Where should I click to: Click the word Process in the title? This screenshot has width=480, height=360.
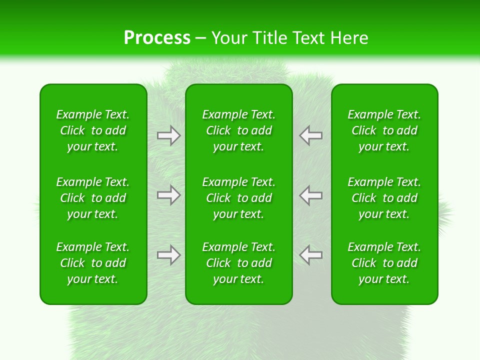coord(157,38)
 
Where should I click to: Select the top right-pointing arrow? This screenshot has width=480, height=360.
coord(168,135)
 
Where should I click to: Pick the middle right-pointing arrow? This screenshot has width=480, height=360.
coord(168,195)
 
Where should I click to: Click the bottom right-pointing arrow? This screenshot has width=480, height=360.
coord(168,255)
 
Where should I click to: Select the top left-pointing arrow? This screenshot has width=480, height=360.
coord(311,135)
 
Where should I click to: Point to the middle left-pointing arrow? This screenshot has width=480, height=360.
coord(311,195)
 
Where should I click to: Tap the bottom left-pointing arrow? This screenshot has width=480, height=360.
coord(311,255)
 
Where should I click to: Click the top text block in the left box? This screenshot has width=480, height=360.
coord(93,130)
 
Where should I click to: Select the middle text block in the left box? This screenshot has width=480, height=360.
coord(93,198)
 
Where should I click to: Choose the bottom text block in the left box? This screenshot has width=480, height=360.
coord(93,263)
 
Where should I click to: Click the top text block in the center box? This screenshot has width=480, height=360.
coord(238,130)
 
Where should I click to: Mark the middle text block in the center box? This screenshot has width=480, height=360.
coord(238,198)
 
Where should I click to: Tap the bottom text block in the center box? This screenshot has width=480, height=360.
coord(238,263)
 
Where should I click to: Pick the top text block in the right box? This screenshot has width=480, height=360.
coord(384,130)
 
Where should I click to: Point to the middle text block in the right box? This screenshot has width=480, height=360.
coord(384,198)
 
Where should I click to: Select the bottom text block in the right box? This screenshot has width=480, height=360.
coord(384,263)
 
